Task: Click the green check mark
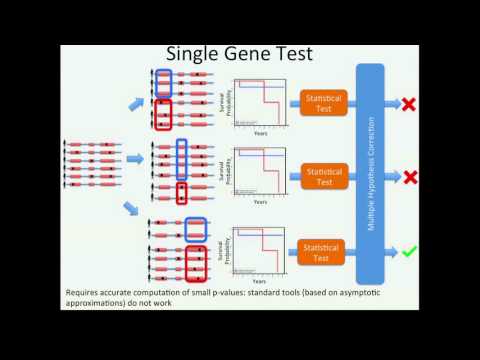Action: [409, 250]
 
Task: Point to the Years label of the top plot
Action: [259, 133]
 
